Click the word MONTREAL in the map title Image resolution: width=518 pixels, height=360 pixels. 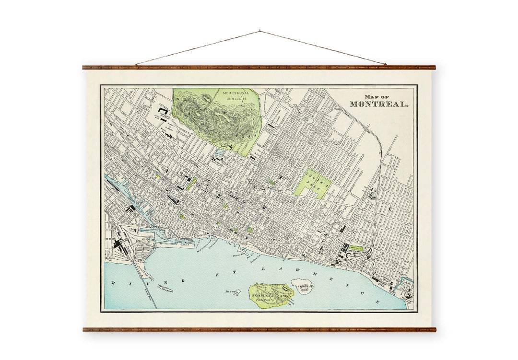coord(379,104)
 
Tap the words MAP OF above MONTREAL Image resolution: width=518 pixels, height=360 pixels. coord(377,96)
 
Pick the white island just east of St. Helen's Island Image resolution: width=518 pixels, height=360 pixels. coord(302,287)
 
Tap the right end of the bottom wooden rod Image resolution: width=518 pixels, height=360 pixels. coord(434,329)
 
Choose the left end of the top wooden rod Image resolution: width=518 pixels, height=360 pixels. coord(84,68)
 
